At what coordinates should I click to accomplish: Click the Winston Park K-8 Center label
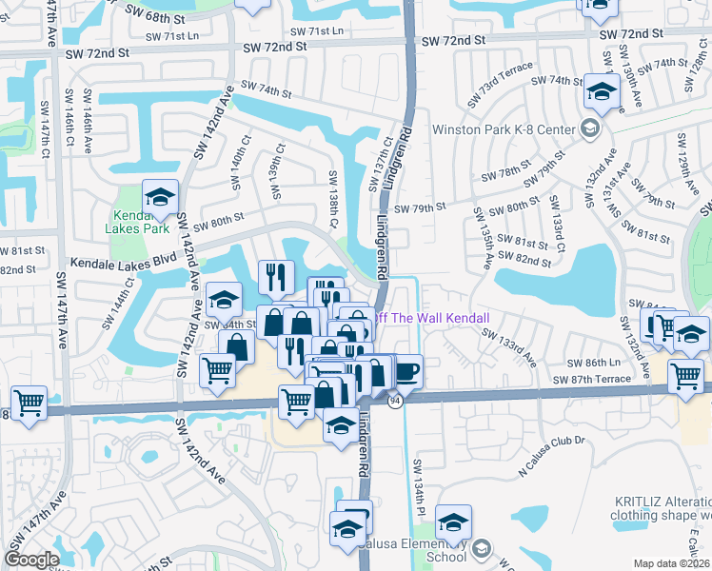pos(504,129)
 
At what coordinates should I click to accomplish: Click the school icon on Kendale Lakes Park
pos(160,198)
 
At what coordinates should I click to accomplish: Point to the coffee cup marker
pos(406,370)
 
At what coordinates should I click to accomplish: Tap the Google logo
pos(31,560)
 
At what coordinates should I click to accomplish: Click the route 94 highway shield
pos(394,402)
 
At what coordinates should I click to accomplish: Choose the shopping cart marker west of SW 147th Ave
pos(28,403)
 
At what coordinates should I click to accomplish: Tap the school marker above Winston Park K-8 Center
pos(601,92)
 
